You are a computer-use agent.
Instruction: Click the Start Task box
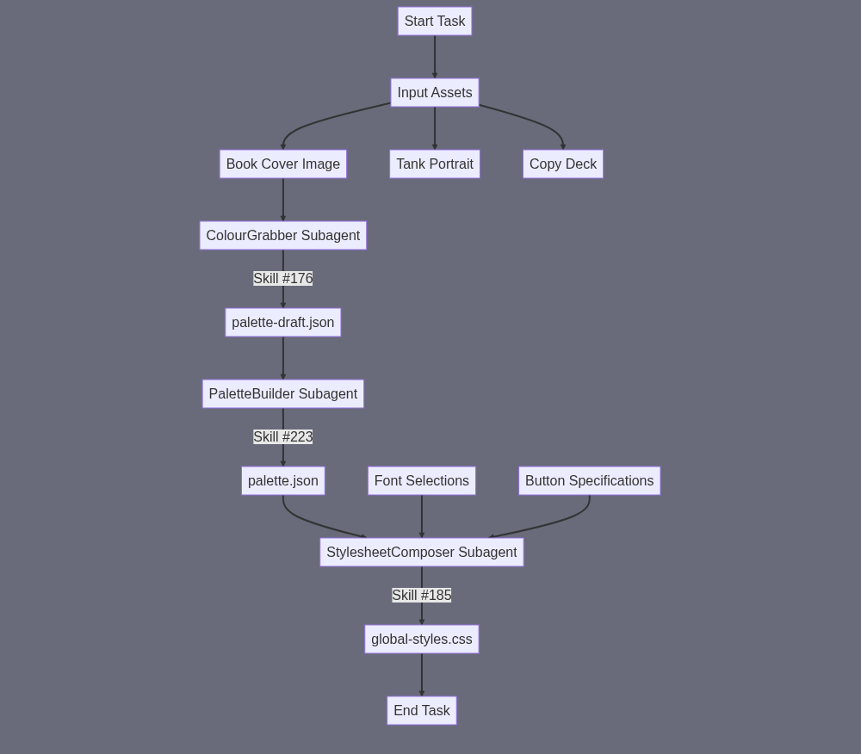point(435,22)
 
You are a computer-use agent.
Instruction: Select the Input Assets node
point(435,93)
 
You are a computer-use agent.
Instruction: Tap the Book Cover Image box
point(283,164)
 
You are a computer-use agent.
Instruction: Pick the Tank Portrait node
point(435,164)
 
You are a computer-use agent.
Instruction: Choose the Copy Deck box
point(563,164)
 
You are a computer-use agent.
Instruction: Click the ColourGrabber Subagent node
point(283,236)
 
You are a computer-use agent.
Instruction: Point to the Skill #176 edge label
point(283,279)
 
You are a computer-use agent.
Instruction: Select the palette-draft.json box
point(283,323)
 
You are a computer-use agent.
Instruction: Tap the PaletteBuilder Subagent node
point(283,394)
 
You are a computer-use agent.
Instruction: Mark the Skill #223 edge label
point(283,436)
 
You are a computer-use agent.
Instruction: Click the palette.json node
point(283,480)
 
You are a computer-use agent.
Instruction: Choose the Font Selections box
point(422,480)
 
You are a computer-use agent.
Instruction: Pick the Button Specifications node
point(590,480)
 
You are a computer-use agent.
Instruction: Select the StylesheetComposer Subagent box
point(422,552)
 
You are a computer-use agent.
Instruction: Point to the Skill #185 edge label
point(422,596)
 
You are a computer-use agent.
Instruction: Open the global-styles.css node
point(422,640)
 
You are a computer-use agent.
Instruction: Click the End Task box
point(422,711)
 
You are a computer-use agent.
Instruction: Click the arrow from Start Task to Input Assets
point(435,57)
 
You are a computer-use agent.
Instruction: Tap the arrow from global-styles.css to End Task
point(422,675)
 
